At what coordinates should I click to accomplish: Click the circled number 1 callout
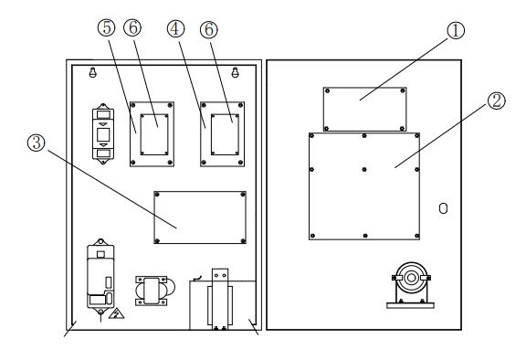(456, 30)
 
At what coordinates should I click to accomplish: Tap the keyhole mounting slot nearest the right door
(236, 72)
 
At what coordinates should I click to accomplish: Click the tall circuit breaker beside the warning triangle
(99, 277)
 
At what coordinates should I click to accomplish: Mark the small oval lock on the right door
(443, 208)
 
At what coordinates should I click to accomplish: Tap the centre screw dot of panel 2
(364, 167)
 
